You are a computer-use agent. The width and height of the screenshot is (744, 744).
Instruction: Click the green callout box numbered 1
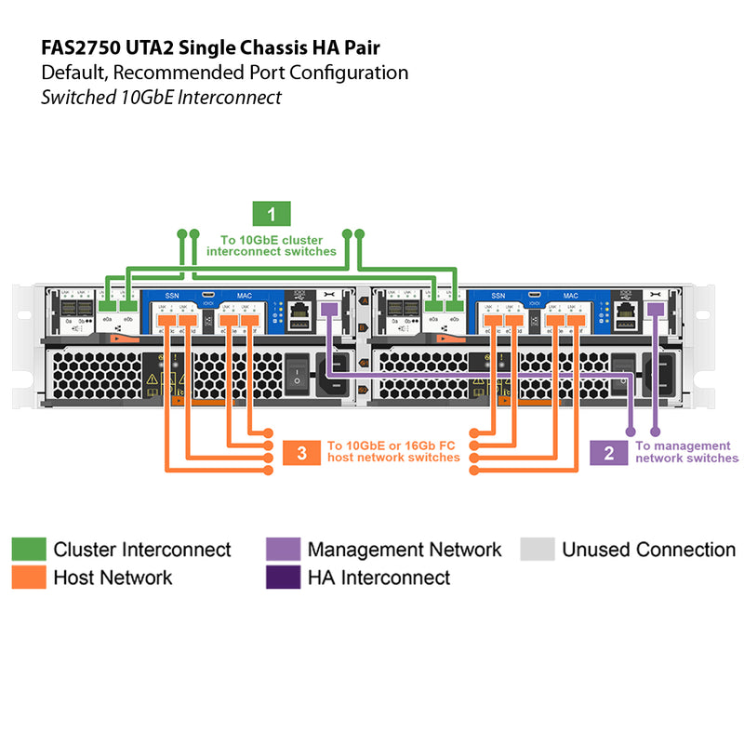pos(272,215)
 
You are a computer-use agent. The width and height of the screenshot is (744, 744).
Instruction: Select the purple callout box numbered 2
pos(609,453)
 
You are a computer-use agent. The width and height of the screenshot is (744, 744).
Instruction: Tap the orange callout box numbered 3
pos(301,453)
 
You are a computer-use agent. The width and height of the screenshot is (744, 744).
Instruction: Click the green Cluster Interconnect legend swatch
pos(28,550)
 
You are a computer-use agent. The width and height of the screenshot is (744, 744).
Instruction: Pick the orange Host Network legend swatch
pos(28,578)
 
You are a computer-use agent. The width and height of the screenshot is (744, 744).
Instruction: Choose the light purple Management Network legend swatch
pos(282,550)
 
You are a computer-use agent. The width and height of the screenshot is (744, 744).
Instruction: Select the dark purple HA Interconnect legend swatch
pos(282,578)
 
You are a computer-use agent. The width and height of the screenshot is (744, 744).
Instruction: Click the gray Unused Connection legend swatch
pos(537,550)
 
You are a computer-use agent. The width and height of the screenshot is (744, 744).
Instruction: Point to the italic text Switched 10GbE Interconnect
pos(161,97)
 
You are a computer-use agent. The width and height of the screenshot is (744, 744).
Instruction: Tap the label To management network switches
pos(687,452)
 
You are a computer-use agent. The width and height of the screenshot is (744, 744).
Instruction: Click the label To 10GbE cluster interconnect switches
pos(272,246)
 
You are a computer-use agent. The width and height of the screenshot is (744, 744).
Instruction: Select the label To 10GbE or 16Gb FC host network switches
pos(393,452)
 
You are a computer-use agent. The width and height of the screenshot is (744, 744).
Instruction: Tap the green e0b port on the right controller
pos(455,306)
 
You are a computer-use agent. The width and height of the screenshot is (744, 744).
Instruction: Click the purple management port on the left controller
pos(328,309)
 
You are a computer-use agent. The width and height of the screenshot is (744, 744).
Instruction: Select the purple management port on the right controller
pos(656,309)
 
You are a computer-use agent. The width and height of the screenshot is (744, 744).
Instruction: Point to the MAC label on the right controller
pos(570,295)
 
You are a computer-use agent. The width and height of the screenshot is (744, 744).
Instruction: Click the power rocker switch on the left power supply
pos(297,372)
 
